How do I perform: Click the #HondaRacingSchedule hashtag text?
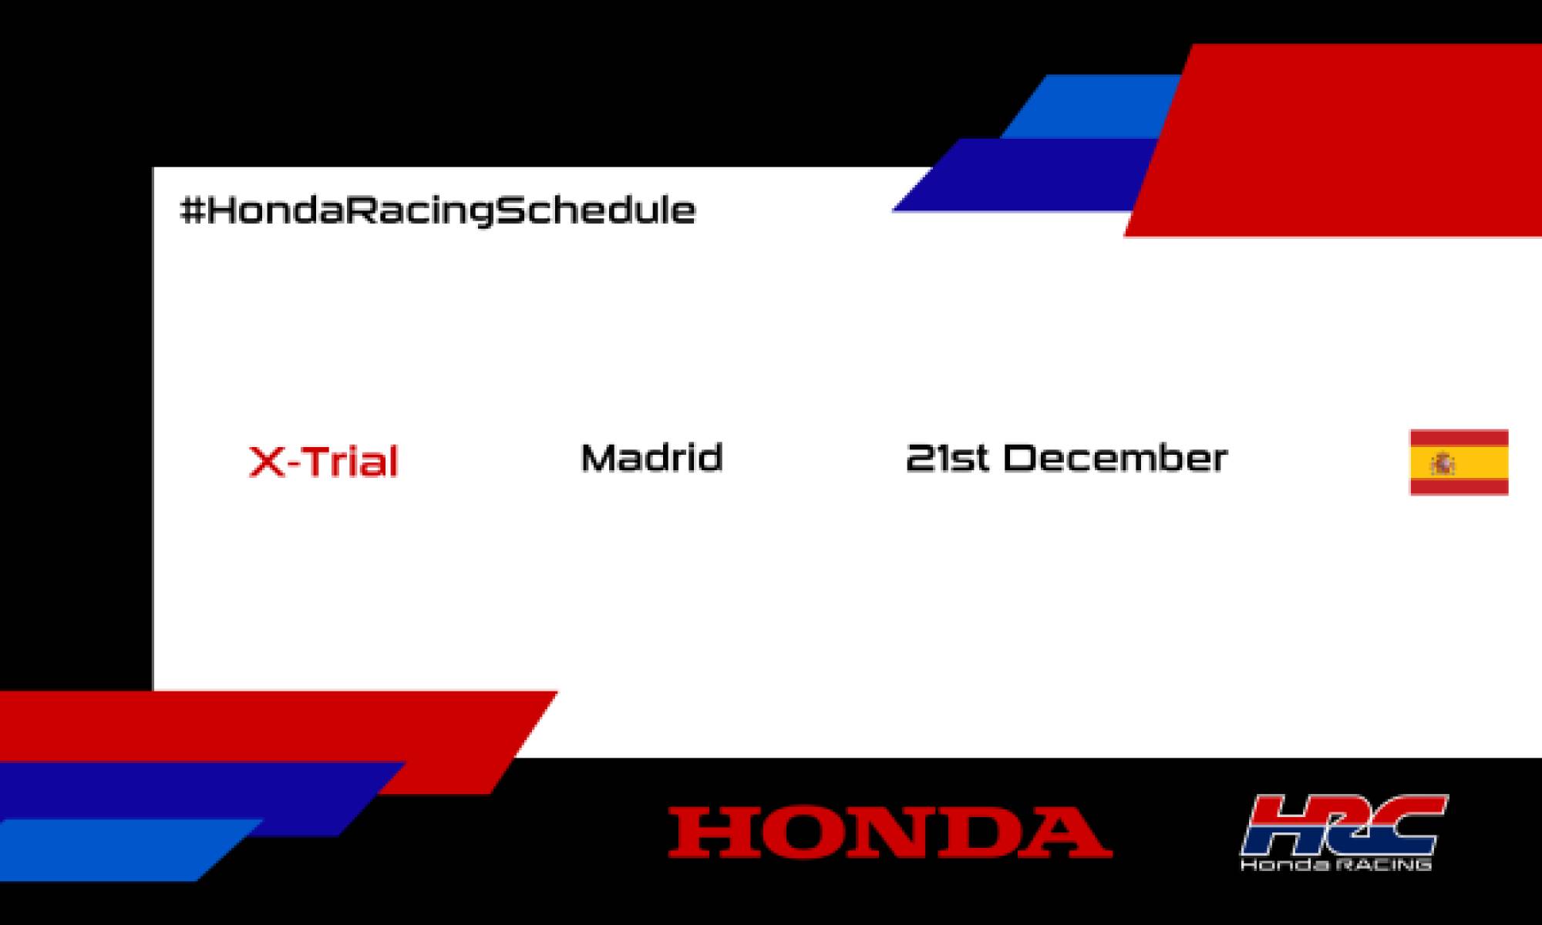point(437,210)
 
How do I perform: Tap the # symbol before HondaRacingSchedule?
point(191,210)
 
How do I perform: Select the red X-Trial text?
point(323,461)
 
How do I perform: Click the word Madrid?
point(651,458)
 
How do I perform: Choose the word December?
point(1115,458)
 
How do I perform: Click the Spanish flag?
point(1459,462)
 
